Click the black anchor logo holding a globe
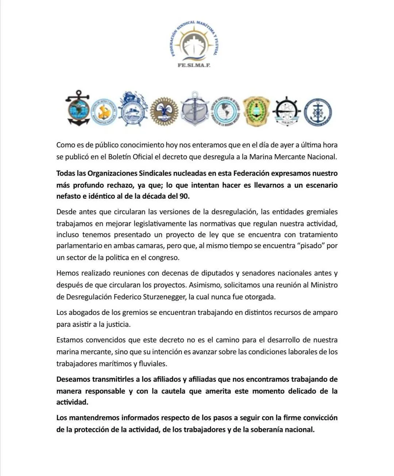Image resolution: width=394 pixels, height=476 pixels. pyautogui.click(x=77, y=108)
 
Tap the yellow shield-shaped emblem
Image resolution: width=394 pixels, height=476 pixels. pyautogui.click(x=256, y=112)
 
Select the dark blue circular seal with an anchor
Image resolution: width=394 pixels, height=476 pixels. pyautogui.click(x=318, y=112)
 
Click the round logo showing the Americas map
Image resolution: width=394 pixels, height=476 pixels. pyautogui.click(x=226, y=111)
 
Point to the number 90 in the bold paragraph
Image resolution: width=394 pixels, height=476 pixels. pyautogui.click(x=184, y=196)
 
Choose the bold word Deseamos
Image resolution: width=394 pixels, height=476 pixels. pyautogui.click(x=73, y=379)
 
